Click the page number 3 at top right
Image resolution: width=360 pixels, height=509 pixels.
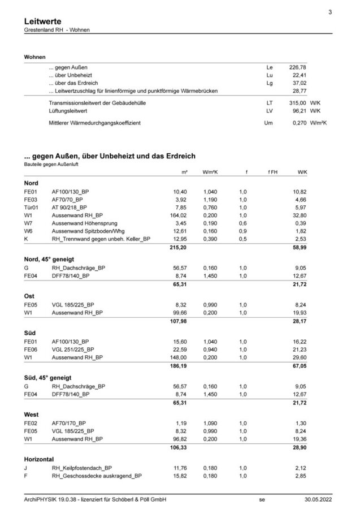[329, 12]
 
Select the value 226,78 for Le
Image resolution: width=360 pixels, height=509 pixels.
[297, 67]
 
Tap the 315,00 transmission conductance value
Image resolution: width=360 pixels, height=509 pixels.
[297, 103]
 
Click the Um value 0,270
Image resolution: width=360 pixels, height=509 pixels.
[297, 122]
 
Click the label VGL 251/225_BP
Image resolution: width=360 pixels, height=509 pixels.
[73, 350]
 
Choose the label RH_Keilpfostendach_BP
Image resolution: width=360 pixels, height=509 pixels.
[81, 469]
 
